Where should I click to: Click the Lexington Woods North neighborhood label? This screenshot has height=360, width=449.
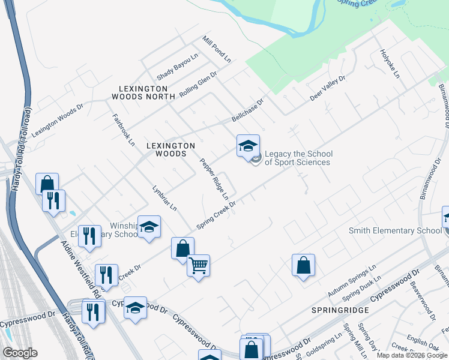pyautogui.click(x=143, y=92)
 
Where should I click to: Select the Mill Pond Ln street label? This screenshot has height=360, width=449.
pyautogui.click(x=217, y=49)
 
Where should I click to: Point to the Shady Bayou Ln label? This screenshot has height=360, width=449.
pyautogui.click(x=177, y=67)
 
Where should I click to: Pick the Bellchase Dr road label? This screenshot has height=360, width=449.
pyautogui.click(x=248, y=110)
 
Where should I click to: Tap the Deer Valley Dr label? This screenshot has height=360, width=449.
pyautogui.click(x=328, y=88)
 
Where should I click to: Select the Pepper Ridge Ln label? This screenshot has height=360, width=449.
pyautogui.click(x=214, y=179)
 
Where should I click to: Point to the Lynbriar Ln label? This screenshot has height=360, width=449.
pyautogui.click(x=164, y=197)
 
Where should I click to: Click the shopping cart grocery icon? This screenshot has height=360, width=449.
pyautogui.click(x=198, y=265)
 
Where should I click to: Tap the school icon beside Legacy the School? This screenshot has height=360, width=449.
pyautogui.click(x=248, y=146)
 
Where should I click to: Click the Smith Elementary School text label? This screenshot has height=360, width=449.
pyautogui.click(x=396, y=230)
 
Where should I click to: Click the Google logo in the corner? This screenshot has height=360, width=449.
pyautogui.click(x=20, y=353)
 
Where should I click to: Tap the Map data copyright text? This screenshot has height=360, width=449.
pyautogui.click(x=412, y=355)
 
